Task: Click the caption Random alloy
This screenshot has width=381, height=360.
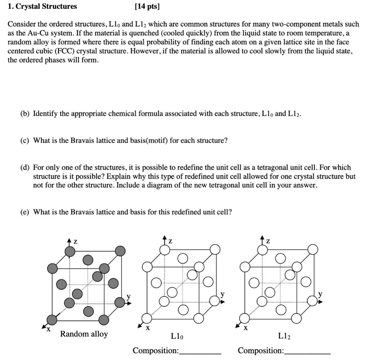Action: (x=84, y=334)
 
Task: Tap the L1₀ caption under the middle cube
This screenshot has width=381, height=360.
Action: (x=177, y=337)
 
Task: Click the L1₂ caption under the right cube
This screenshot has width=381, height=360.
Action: (x=285, y=337)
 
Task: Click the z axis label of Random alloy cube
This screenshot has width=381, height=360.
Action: (x=75, y=242)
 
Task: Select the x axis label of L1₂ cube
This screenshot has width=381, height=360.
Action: (x=245, y=328)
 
